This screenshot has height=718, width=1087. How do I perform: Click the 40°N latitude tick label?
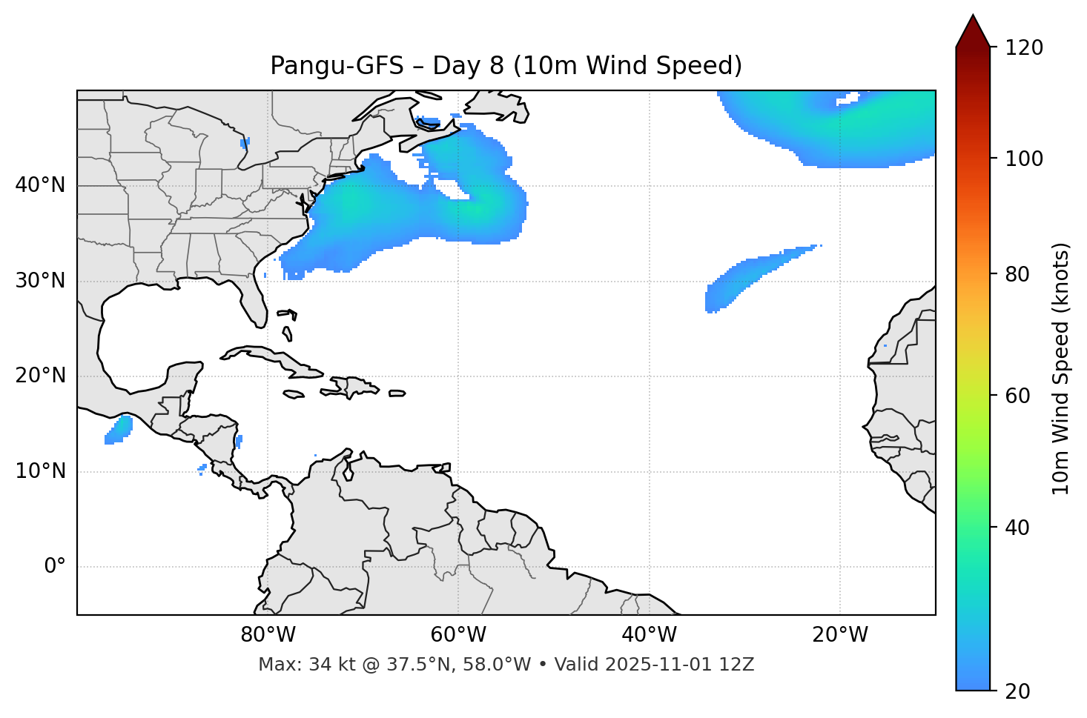[40, 185]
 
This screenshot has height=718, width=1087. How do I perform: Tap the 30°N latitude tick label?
[40, 281]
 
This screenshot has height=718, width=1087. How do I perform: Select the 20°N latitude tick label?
[40, 376]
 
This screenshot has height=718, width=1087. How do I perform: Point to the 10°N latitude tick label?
[40, 471]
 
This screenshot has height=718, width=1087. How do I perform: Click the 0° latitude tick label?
[55, 567]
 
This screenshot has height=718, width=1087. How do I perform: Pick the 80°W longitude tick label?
[268, 635]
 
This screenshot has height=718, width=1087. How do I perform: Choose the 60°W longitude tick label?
[458, 635]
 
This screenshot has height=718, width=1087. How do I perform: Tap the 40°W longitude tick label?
[649, 635]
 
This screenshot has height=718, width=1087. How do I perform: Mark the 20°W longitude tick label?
[840, 635]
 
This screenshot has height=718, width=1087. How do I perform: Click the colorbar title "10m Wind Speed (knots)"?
[1061, 368]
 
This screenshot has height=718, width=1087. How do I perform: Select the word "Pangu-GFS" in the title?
[337, 66]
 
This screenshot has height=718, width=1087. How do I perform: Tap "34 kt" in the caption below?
[328, 665]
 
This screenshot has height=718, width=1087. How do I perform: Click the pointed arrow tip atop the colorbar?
[973, 16]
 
